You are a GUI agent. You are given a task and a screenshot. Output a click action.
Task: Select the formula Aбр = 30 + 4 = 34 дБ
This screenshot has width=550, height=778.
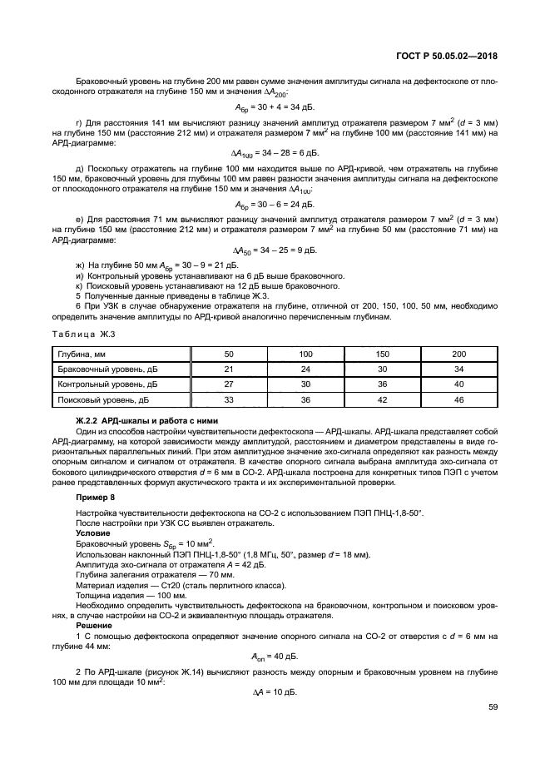click(274, 107)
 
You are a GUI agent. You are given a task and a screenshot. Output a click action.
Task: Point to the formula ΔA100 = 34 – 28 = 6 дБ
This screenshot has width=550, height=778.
click(274, 154)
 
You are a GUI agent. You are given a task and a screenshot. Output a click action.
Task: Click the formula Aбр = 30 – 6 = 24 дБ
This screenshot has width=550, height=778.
click(274, 203)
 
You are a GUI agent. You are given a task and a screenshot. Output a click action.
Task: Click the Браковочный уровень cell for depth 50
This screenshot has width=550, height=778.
click(229, 369)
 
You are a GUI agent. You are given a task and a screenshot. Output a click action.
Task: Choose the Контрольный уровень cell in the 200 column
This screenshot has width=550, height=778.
click(458, 384)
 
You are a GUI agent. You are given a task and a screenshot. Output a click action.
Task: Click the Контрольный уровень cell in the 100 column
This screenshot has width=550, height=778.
click(305, 384)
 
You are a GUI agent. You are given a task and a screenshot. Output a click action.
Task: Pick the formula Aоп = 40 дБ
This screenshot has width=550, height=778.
click(274, 654)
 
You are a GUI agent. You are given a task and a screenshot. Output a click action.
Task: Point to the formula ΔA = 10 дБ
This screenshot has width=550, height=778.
click(274, 692)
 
